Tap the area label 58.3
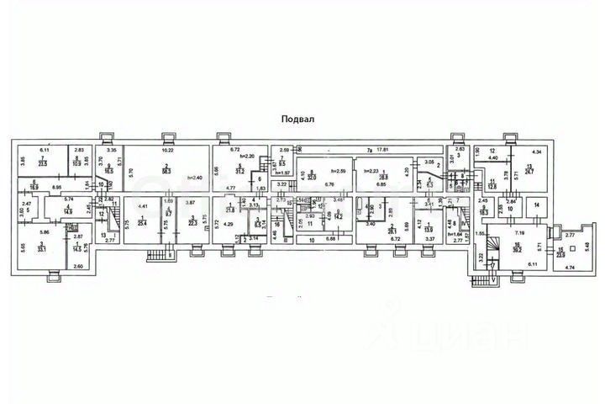167,171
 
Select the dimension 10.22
166,150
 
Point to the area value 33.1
42,249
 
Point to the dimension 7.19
518,231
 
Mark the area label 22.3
193,222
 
